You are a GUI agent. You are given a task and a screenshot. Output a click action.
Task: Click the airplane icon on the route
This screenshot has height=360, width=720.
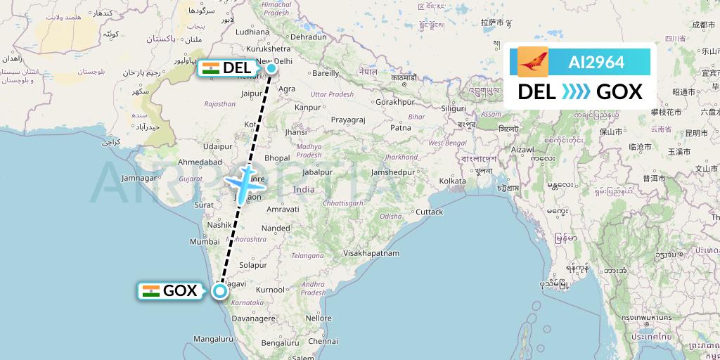[x=244, y=183]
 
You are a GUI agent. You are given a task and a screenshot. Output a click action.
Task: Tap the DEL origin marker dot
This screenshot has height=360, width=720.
[x=271, y=68]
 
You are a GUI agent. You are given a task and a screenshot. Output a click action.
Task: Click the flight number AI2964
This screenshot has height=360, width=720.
[x=596, y=62]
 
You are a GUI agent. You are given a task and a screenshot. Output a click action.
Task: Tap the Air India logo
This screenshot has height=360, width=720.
[x=532, y=62]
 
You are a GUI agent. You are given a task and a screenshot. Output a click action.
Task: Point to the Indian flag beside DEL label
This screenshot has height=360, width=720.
[x=210, y=68]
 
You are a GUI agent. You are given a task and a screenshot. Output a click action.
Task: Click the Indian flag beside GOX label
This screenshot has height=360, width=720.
[x=150, y=291]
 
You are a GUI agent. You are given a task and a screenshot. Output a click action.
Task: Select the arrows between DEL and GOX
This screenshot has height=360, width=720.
[x=577, y=91]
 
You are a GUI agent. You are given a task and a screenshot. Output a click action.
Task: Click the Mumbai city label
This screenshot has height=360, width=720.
[x=205, y=241]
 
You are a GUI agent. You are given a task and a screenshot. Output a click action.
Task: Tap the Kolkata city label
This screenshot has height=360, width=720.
[x=452, y=181]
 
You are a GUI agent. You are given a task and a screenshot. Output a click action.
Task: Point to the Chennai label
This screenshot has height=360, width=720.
[x=323, y=341]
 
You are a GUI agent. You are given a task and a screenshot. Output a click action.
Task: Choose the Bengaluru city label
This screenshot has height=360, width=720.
[x=276, y=342]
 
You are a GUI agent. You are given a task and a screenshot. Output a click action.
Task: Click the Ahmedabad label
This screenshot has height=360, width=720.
[x=200, y=162]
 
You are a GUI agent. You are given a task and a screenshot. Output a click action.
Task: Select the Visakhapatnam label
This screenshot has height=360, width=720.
[x=372, y=252]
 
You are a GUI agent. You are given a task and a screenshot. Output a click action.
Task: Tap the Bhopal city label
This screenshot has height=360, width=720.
[x=277, y=158]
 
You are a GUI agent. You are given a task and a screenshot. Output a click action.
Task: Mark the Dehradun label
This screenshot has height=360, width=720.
[x=309, y=37]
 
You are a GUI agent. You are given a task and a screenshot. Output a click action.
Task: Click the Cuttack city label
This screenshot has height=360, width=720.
[x=429, y=212]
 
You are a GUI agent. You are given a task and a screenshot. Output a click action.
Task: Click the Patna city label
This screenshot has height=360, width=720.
[x=400, y=127]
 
